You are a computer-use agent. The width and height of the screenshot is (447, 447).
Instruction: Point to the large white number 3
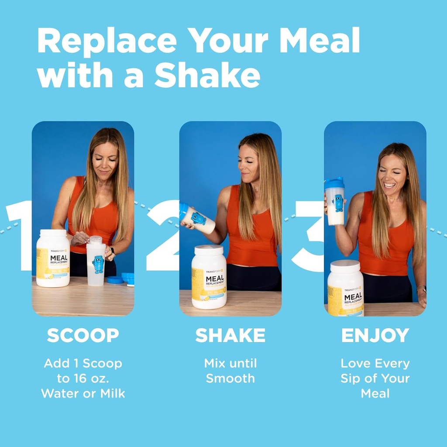point(309,236)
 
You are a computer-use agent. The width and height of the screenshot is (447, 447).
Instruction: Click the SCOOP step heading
point(83,335)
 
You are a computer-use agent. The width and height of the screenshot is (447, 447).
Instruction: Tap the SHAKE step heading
point(230,335)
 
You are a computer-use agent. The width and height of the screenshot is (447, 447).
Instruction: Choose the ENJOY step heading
point(375,335)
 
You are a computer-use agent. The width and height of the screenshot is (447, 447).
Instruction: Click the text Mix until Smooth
point(230,371)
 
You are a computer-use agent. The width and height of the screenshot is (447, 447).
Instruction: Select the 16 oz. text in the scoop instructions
point(95,378)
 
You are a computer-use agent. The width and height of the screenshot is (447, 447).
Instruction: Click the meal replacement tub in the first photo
point(53,258)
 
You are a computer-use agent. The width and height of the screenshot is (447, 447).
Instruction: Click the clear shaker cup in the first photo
point(96,262)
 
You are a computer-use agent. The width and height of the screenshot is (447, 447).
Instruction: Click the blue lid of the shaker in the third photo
point(334,183)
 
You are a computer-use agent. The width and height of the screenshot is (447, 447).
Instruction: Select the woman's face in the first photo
point(105,160)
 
